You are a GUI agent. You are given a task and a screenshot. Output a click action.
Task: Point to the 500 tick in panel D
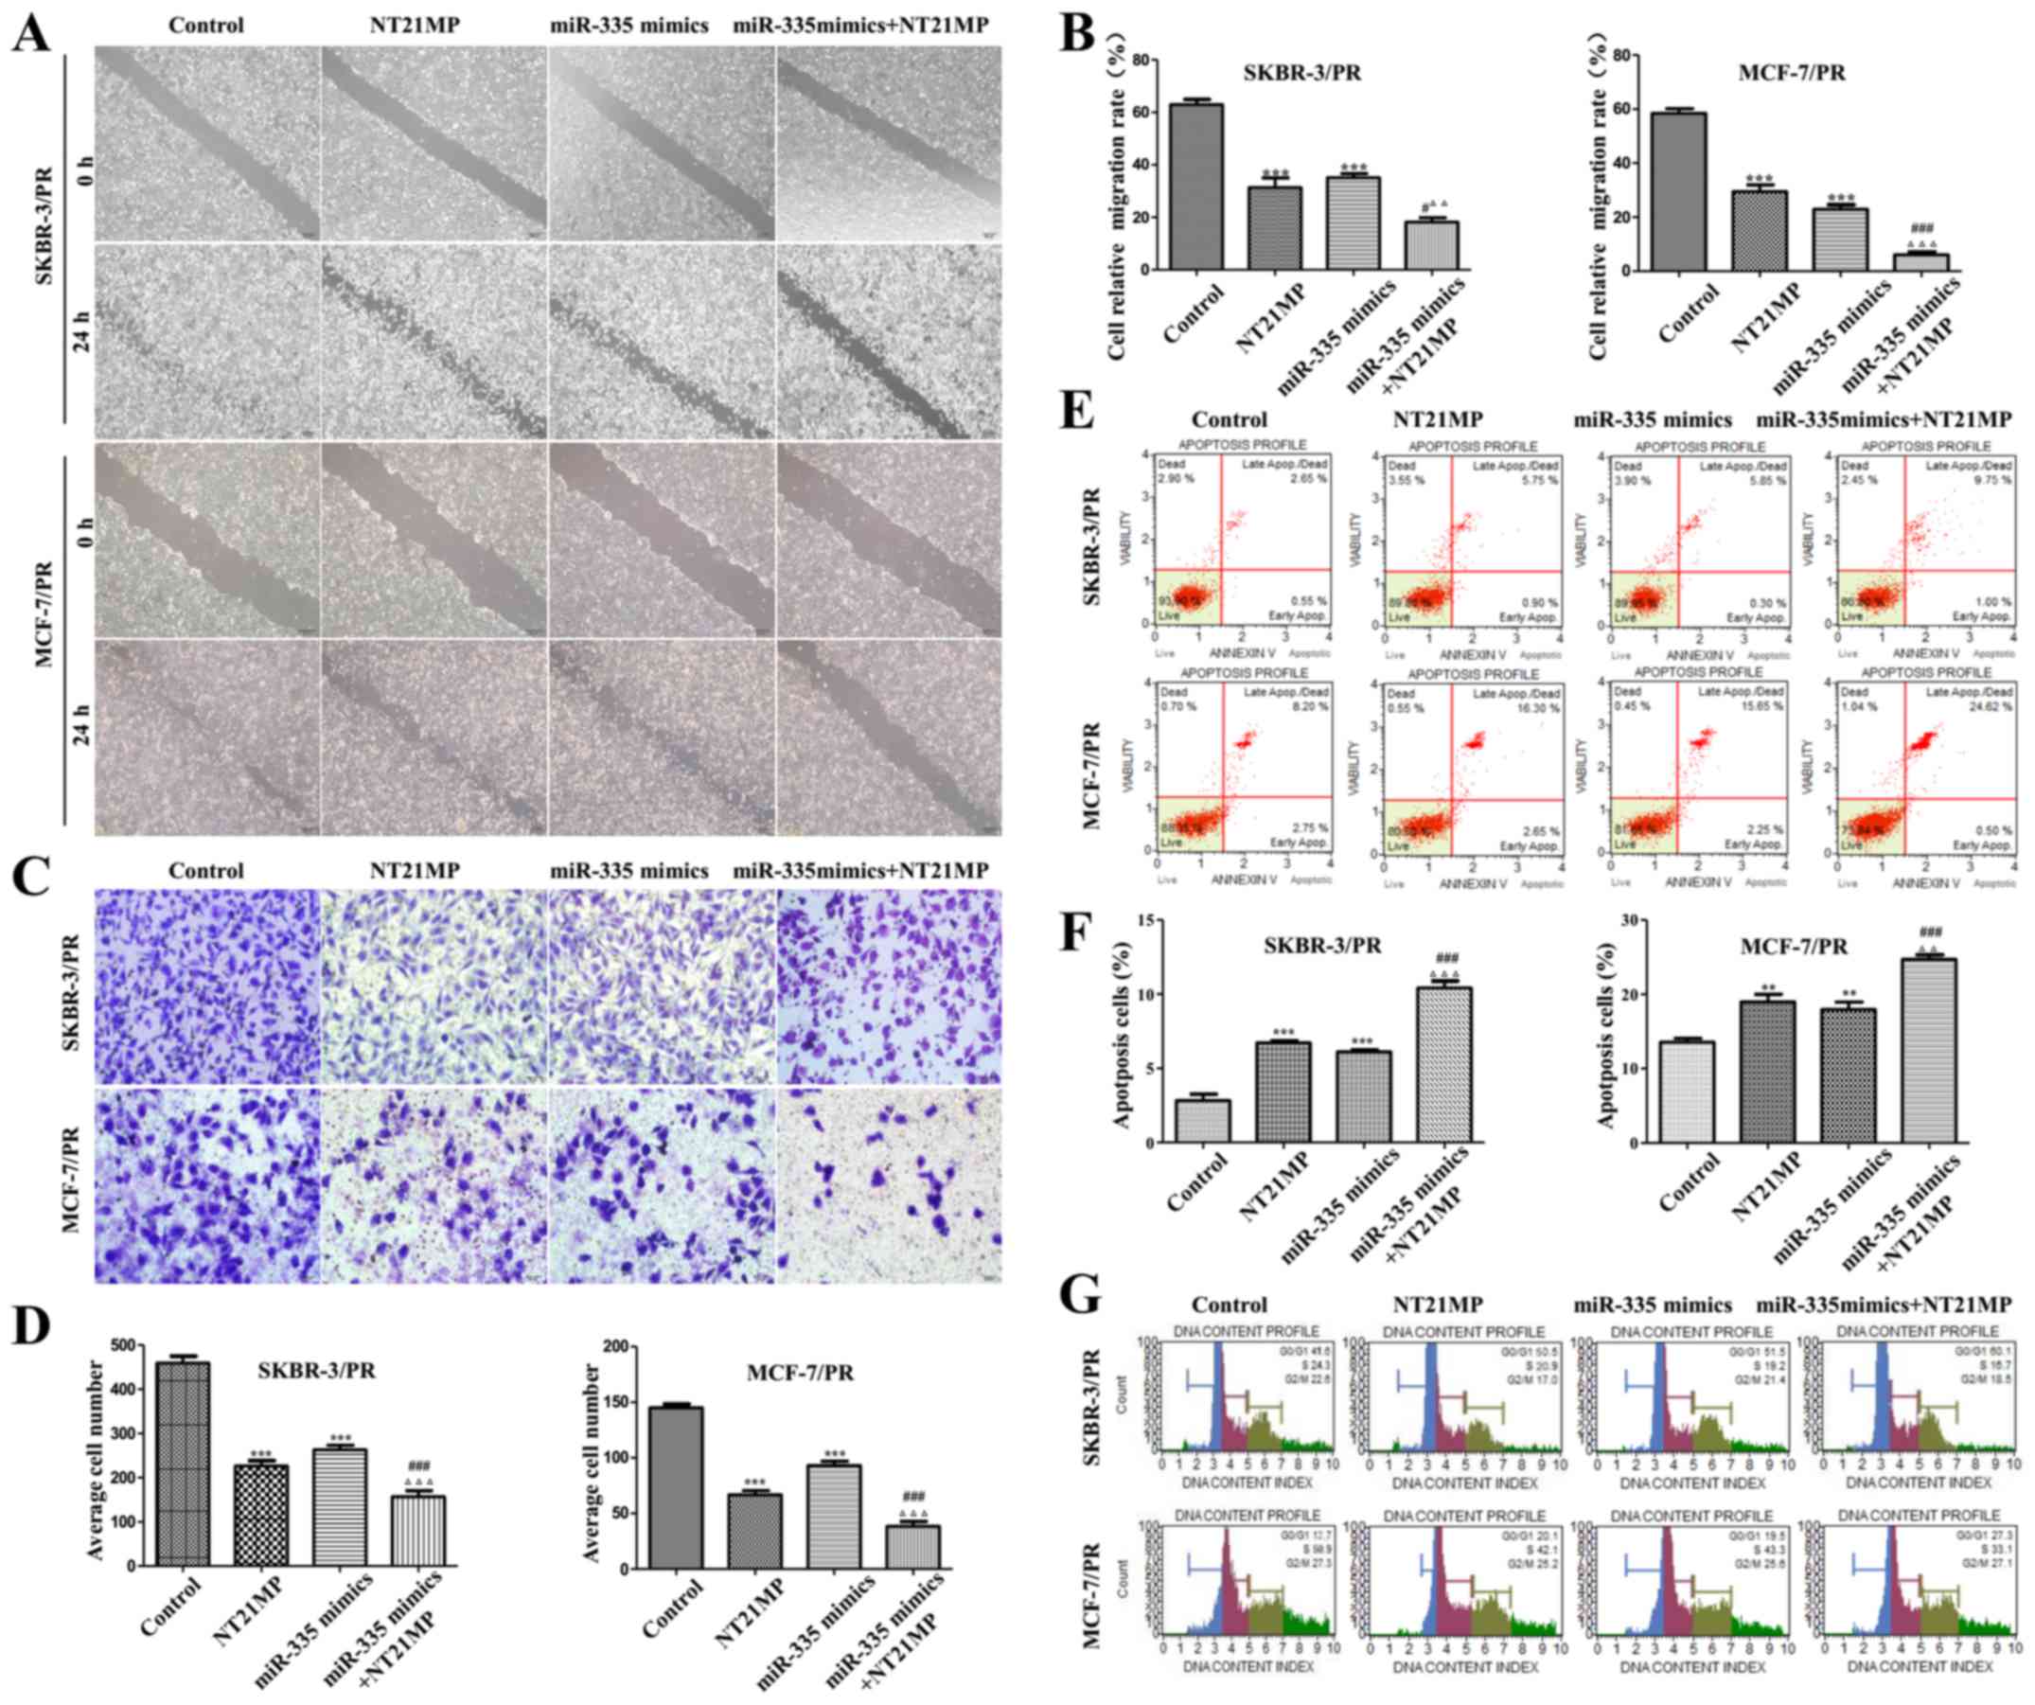[x=120, y=1346]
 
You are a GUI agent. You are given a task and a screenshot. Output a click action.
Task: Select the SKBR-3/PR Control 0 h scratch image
[x=207, y=144]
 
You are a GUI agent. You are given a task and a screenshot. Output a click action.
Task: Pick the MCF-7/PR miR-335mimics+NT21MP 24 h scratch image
[x=889, y=737]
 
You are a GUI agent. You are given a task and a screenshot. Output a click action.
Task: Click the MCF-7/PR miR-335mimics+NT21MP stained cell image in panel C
[x=889, y=1184]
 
